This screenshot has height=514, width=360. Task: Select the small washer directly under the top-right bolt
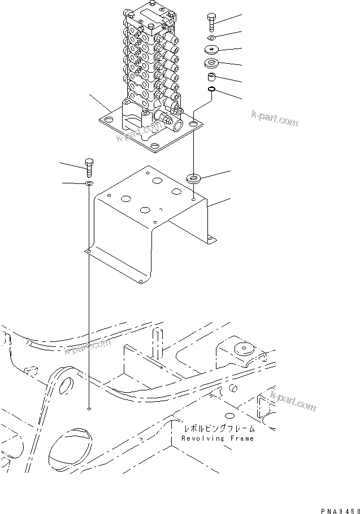pyautogui.click(x=211, y=38)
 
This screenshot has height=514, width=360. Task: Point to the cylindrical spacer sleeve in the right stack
pyautogui.click(x=211, y=76)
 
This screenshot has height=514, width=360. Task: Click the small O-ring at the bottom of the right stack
pyautogui.click(x=211, y=90)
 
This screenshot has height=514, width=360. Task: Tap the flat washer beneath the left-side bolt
pyautogui.click(x=90, y=184)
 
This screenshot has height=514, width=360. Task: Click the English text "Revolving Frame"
pyautogui.click(x=218, y=438)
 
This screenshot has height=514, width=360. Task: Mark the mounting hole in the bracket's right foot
pyautogui.click(x=211, y=239)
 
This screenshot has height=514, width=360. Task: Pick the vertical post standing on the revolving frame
pyautogui.click(x=156, y=342)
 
